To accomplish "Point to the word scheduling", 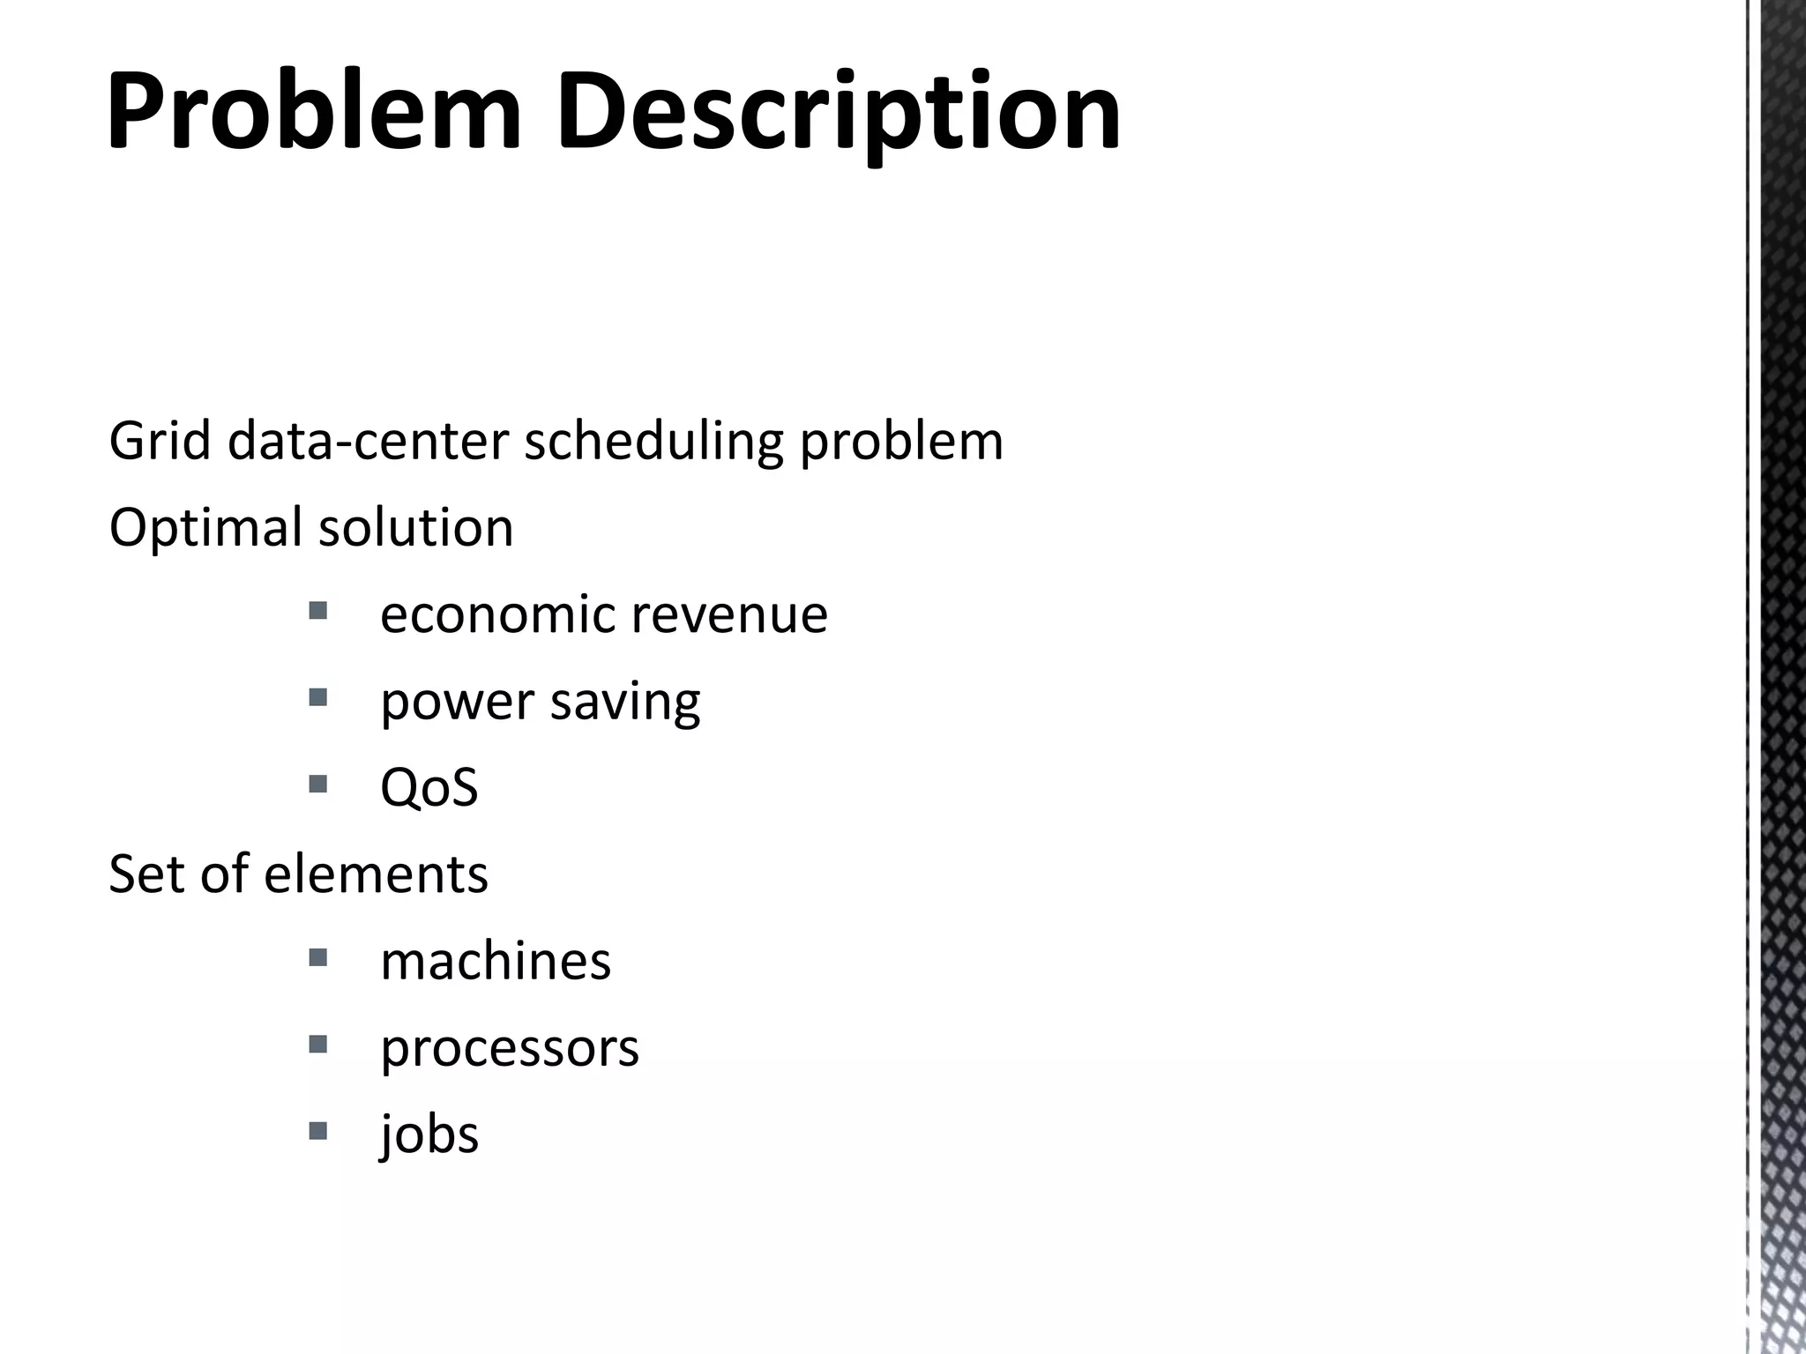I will [653, 443].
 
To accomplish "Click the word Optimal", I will [205, 528].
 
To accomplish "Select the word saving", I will [625, 702].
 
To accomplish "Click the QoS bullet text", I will [429, 787].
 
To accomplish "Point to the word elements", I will [376, 874].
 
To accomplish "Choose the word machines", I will [496, 961].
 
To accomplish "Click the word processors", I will [510, 1049].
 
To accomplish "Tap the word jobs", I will [429, 1135].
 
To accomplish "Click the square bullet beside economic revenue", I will [318, 610].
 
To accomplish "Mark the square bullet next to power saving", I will [318, 697].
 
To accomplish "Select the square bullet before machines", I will [318, 956].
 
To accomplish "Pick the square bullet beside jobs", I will [318, 1130].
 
